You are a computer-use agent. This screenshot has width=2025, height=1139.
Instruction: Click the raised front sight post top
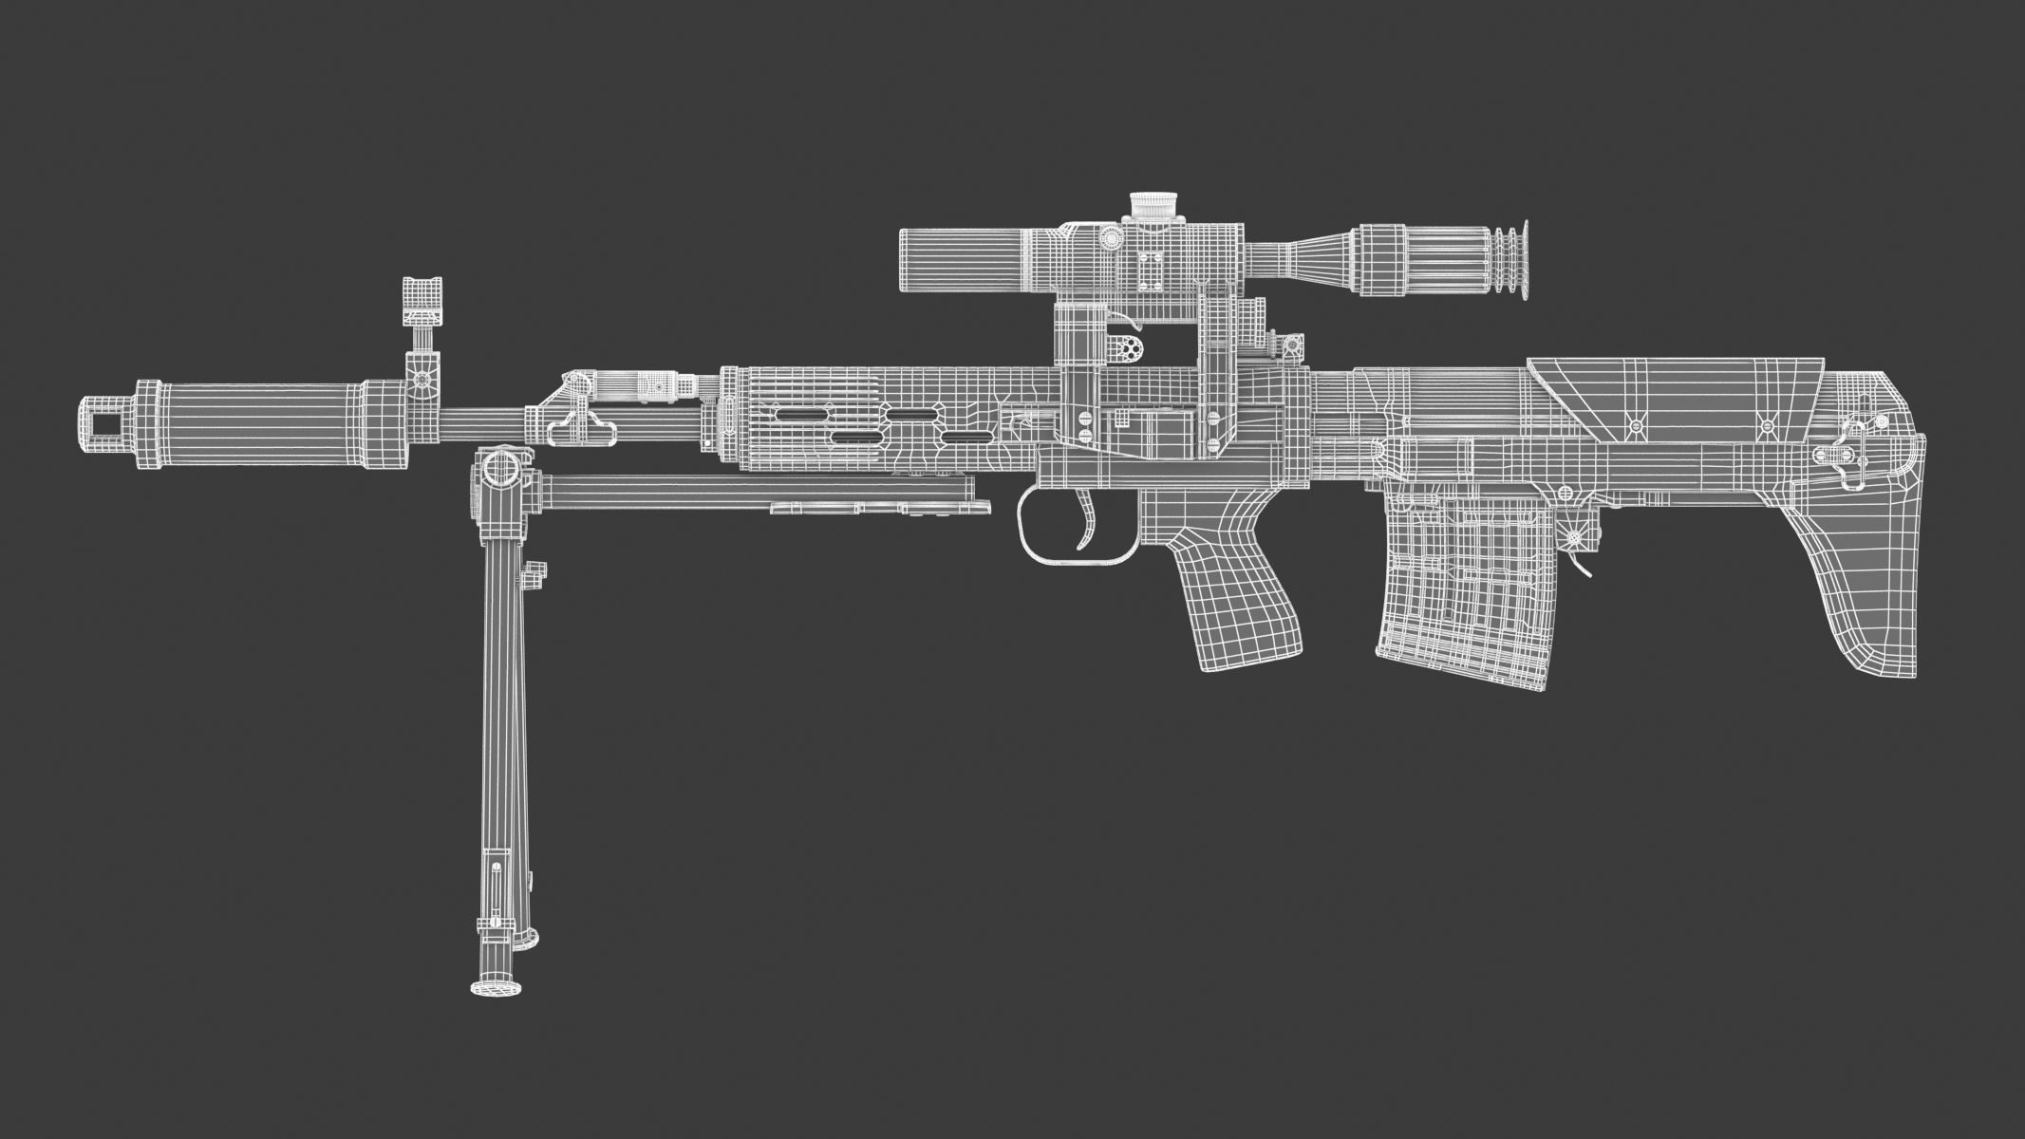(x=422, y=294)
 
